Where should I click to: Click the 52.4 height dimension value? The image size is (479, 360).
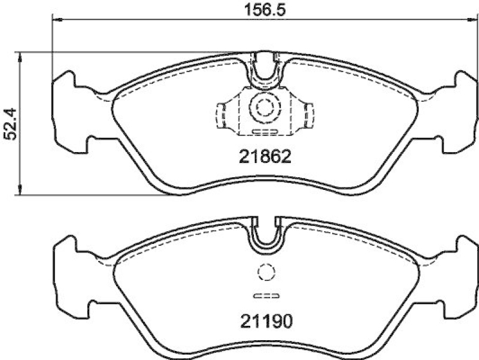tap(10, 123)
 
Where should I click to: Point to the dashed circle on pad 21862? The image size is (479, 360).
tap(264, 107)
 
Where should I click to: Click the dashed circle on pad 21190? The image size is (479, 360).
tap(264, 273)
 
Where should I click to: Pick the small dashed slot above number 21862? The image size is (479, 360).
tap(264, 130)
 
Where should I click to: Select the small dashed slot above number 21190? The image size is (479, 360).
tap(264, 295)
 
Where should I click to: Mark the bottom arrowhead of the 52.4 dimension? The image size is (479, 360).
tap(21, 190)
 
